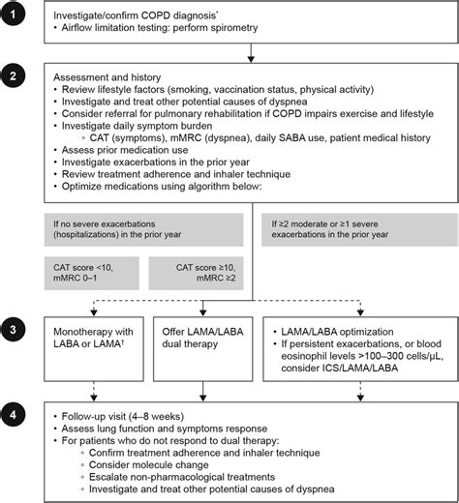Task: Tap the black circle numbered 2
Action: coord(16,74)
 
